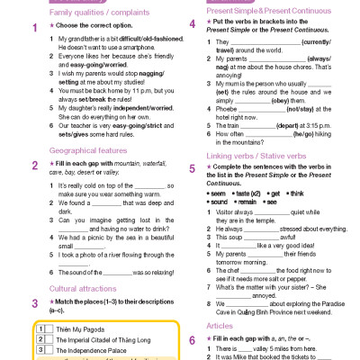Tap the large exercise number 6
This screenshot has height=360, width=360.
click(192, 338)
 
